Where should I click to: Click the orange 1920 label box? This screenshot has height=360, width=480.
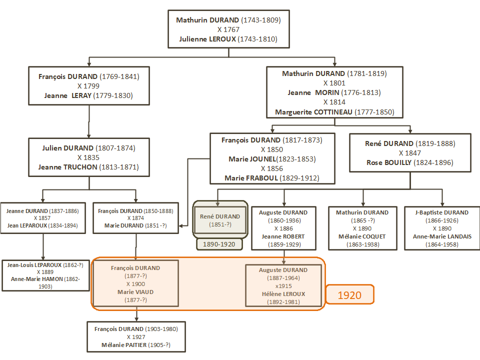pos(350,295)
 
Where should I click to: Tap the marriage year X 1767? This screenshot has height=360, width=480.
pos(228,29)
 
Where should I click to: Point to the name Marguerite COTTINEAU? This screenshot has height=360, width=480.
pos(314,112)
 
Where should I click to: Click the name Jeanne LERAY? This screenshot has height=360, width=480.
pos(68,95)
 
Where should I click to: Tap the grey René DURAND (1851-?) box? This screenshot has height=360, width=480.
pos(220,220)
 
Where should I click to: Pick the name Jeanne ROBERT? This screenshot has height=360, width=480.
pos(283,236)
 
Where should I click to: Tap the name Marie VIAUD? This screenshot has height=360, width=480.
pos(135,291)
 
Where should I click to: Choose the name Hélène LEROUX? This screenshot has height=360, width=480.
pos(283,293)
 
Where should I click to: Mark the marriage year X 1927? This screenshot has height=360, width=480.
pos(135,337)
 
